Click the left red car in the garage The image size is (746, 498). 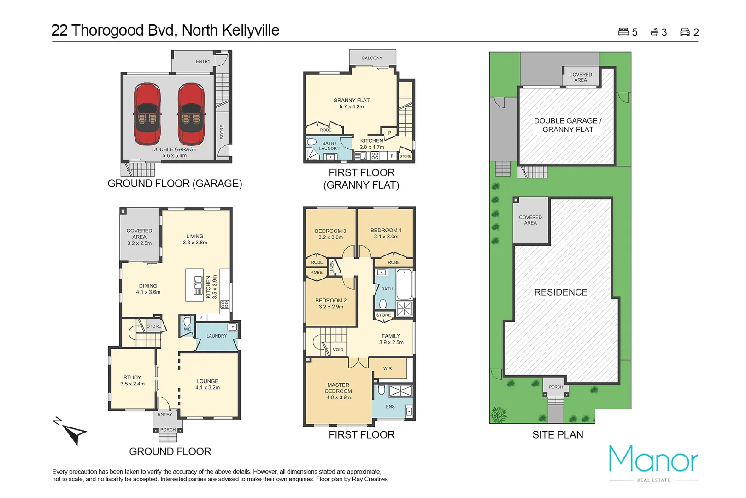pyautogui.click(x=147, y=114)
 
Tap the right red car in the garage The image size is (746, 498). pyautogui.click(x=191, y=114)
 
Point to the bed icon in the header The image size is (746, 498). pyautogui.click(x=623, y=32)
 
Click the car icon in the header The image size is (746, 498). pyautogui.click(x=685, y=32)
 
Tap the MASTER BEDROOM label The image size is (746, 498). pyautogui.click(x=338, y=391)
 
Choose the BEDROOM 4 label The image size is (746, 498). pyautogui.click(x=386, y=233)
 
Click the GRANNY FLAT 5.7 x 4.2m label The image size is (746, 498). pyautogui.click(x=351, y=103)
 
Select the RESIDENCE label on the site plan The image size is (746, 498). pyautogui.click(x=561, y=292)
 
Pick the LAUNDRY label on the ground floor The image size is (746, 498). pyautogui.click(x=217, y=336)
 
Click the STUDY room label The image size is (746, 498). pyautogui.click(x=132, y=380)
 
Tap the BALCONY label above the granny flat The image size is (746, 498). pyautogui.click(x=372, y=58)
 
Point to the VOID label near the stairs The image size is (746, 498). pyautogui.click(x=338, y=350)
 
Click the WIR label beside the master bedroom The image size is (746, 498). pyautogui.click(x=388, y=368)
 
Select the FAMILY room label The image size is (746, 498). pyautogui.click(x=391, y=339)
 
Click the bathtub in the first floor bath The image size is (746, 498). pyautogui.click(x=404, y=284)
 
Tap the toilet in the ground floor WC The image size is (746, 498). pyautogui.click(x=187, y=321)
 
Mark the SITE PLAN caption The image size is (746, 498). pyautogui.click(x=558, y=435)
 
